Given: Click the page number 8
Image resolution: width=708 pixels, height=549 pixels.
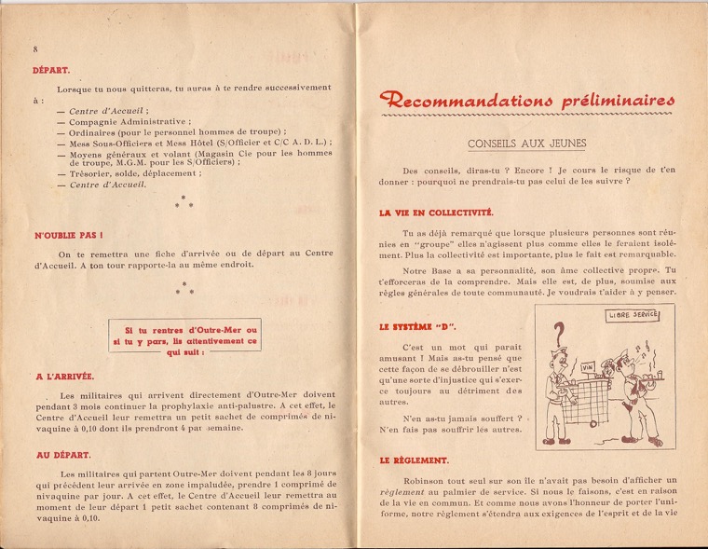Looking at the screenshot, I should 34,48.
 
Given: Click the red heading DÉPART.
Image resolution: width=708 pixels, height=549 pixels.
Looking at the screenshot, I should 51,69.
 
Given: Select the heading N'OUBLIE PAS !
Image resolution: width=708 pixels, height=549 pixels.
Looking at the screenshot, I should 68,236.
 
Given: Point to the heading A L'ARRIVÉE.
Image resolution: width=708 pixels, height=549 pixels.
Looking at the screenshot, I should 64,377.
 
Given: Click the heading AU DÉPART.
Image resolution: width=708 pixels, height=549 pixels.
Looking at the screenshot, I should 62,455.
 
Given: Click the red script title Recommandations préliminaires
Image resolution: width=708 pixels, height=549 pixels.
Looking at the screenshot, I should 527,100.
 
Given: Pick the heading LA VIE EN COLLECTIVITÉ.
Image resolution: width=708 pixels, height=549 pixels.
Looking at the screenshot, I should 436,213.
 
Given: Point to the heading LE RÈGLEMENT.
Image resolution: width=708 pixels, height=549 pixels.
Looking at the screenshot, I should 415,460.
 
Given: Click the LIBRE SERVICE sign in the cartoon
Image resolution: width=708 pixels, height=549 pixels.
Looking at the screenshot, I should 633,315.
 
